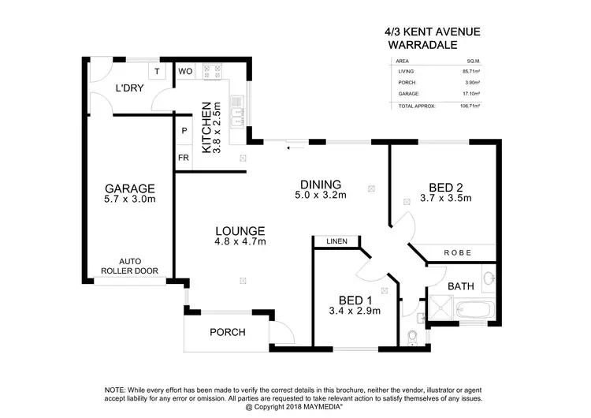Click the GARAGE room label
130,188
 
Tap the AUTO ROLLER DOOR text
129,266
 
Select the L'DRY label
129,88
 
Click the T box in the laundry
158,72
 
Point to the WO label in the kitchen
185,72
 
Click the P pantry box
184,131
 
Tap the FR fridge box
184,158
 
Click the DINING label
320,184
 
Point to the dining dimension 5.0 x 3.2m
321,196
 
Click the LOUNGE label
240,230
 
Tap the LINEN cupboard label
336,241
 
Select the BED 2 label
445,187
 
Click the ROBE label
458,253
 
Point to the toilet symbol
412,337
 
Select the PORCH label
226,332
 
